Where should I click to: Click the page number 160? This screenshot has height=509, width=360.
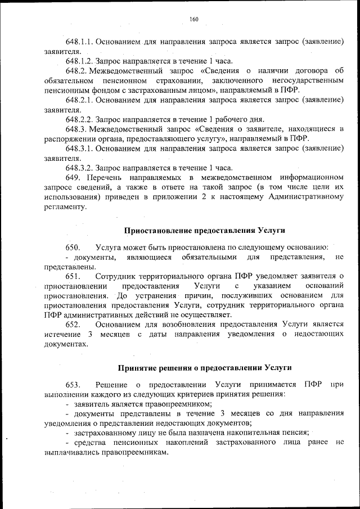(194, 20)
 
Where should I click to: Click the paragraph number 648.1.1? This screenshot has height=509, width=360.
(79, 42)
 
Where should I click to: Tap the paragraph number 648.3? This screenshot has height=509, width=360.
(75, 128)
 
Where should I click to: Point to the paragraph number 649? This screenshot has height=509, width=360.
(72, 177)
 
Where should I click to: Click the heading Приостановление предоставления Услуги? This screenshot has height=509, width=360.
(204, 231)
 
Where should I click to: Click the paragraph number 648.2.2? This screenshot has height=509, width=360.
(79, 119)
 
